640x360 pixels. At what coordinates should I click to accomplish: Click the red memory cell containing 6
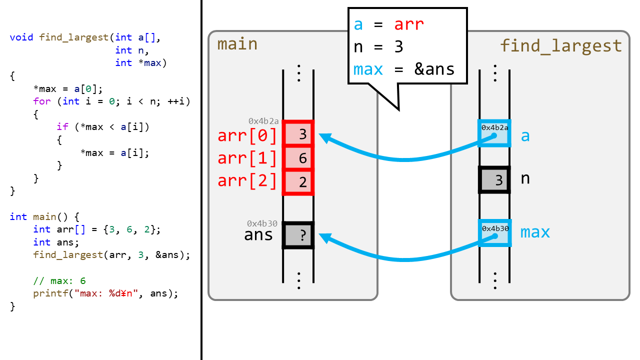click(298, 158)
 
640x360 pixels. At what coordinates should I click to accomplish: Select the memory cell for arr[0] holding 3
click(298, 134)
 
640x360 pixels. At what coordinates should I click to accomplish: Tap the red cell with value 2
click(298, 182)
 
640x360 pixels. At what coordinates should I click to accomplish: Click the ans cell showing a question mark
click(298, 235)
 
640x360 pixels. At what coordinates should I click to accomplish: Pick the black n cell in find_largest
click(494, 179)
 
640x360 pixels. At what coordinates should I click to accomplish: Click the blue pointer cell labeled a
click(494, 133)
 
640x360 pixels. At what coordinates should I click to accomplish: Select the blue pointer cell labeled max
click(494, 233)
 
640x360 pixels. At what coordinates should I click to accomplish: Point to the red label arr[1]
click(247, 158)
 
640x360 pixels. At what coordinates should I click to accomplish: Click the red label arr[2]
click(247, 180)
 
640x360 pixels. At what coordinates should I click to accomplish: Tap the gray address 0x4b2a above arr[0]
click(263, 121)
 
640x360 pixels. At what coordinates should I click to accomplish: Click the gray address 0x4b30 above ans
click(262, 223)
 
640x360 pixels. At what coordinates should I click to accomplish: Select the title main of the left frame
click(237, 44)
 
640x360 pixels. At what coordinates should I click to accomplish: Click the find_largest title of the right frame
click(561, 46)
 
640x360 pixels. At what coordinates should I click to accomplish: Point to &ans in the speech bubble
click(434, 69)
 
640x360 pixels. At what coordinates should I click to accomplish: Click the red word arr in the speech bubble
click(409, 24)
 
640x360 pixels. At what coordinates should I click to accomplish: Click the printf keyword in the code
click(48, 293)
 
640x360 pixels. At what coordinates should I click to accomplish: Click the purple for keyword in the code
click(42, 101)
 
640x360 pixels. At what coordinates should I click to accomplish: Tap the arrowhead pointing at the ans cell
click(324, 238)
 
